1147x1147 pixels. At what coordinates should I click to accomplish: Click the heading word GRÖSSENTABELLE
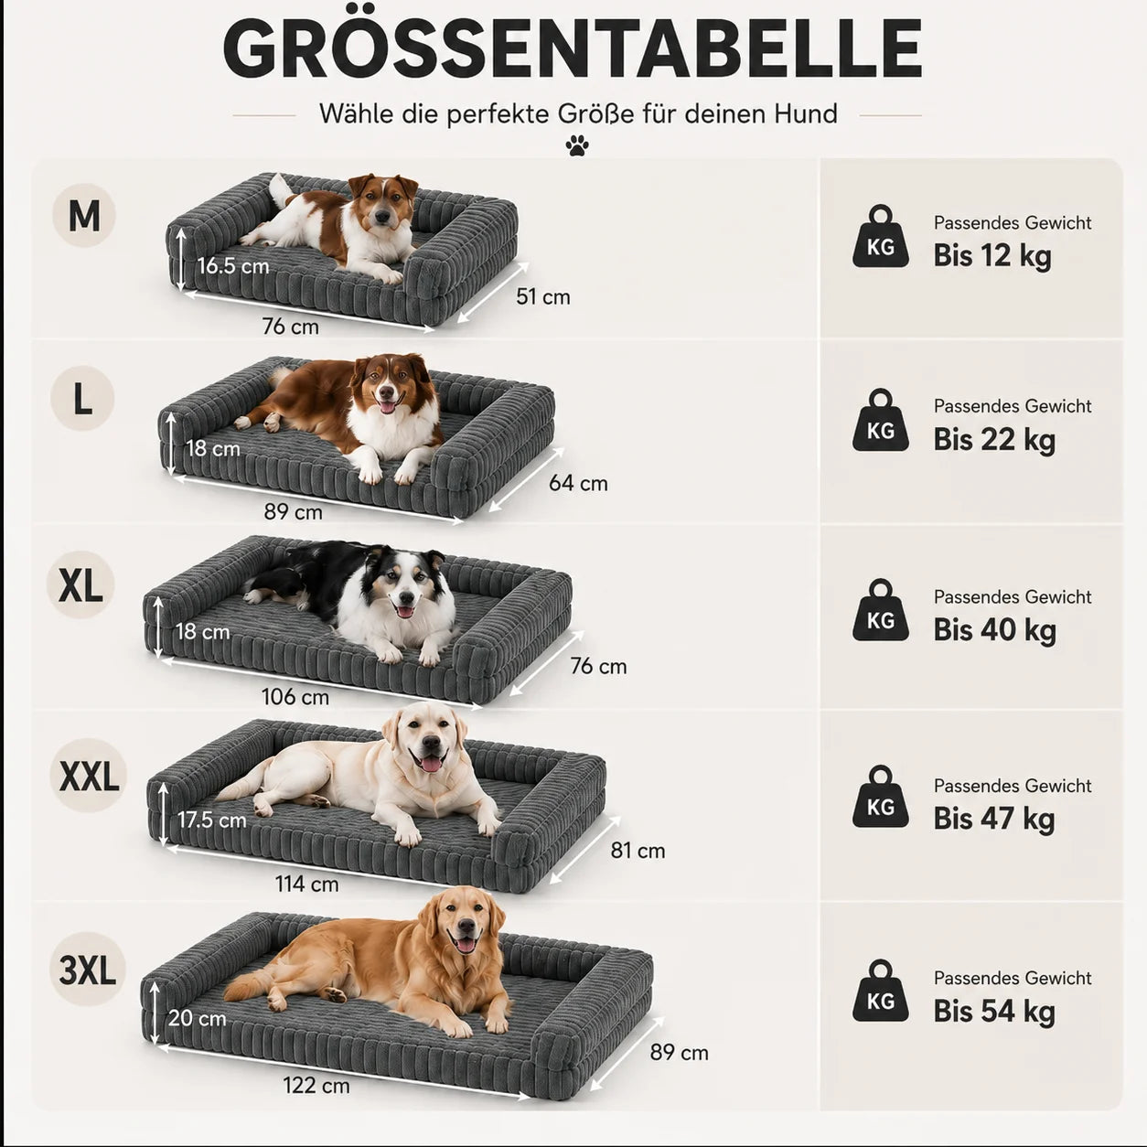(x=573, y=48)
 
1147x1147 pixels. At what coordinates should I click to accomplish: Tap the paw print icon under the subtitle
(x=577, y=145)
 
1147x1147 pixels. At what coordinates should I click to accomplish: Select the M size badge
(x=84, y=215)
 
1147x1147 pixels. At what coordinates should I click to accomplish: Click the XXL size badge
(x=89, y=776)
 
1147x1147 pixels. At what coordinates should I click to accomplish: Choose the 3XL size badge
(x=88, y=970)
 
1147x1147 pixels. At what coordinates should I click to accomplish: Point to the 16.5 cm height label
(x=233, y=265)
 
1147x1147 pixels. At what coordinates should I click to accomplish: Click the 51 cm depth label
(x=542, y=296)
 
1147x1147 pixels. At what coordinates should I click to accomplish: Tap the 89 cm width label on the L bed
(x=294, y=512)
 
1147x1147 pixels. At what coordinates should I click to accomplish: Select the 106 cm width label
(x=295, y=696)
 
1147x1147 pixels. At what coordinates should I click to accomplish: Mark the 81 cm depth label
(x=638, y=851)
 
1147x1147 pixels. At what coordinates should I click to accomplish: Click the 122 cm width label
(x=316, y=1086)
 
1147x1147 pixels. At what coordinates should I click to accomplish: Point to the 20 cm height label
(x=197, y=1018)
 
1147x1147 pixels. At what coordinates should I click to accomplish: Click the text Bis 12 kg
(x=992, y=256)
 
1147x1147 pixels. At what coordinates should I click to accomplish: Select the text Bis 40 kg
(x=994, y=629)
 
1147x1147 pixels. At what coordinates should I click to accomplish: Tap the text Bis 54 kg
(x=994, y=1011)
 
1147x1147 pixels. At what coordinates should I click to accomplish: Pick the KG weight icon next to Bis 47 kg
(x=880, y=797)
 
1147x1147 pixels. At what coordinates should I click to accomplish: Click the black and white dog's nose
(x=406, y=597)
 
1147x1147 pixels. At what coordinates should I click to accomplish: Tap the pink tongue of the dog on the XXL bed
(x=431, y=764)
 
